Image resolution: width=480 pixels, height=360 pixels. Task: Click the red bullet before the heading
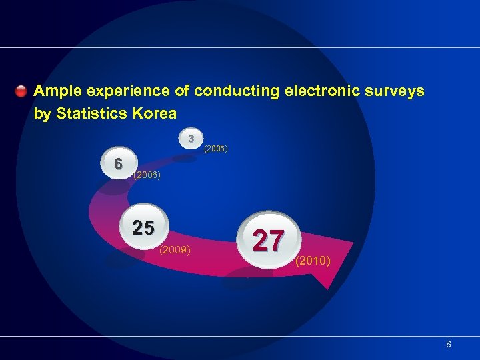[x=21, y=90]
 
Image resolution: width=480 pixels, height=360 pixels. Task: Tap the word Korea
[x=154, y=113]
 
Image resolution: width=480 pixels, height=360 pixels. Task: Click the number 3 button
[x=191, y=139]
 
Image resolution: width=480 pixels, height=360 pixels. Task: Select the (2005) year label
[x=216, y=148]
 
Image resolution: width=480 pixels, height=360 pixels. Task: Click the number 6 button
[x=118, y=164]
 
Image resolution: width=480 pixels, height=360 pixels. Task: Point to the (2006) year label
[x=147, y=175]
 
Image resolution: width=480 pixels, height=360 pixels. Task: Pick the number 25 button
[x=143, y=229]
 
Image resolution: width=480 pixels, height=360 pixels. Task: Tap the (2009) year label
[x=175, y=250]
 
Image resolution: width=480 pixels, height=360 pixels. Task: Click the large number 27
[x=268, y=240]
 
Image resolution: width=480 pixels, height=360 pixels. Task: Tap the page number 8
[x=449, y=345]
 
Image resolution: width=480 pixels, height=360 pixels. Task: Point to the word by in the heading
[x=42, y=114]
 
